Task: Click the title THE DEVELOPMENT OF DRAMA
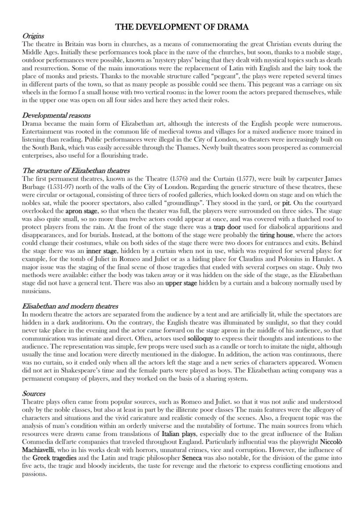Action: coord(182,27)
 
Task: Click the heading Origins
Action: coord(33,36)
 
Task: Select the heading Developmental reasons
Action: coord(56,116)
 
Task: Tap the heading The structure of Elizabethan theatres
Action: coord(76,171)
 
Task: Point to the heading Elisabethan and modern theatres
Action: coord(70,306)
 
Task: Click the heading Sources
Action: coord(33,394)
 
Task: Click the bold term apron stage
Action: coord(81,211)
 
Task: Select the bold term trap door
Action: coord(227,227)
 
